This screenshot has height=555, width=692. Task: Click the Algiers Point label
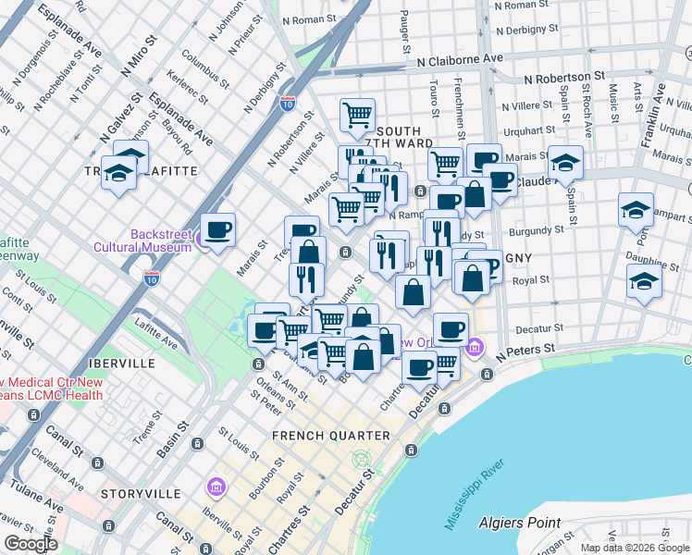coord(519,523)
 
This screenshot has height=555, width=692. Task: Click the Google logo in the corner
coord(31,543)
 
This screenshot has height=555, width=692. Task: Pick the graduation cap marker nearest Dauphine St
coord(644,280)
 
